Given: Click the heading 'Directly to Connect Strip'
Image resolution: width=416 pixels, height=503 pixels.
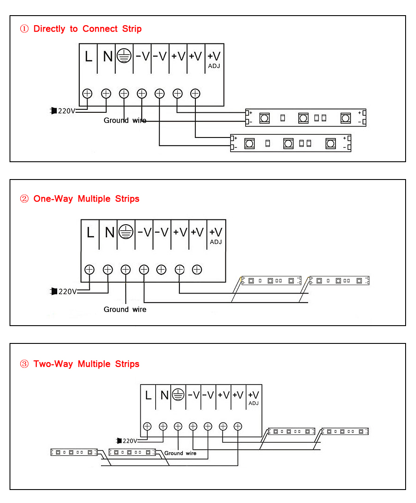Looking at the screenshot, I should (x=87, y=29).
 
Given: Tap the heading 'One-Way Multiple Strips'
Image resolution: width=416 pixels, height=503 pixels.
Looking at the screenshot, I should (x=86, y=199).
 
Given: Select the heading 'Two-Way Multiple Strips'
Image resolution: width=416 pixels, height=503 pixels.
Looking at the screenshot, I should (x=86, y=364).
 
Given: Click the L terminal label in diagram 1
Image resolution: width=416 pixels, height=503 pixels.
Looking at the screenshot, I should (x=88, y=57).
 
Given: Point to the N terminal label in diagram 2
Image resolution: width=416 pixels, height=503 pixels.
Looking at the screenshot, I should (x=109, y=233).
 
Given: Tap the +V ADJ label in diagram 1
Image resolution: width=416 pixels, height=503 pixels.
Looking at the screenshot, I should (x=214, y=59).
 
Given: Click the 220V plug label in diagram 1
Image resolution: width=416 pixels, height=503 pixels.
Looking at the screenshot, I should (x=66, y=111).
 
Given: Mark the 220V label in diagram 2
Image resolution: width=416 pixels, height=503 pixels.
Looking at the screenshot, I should (x=67, y=291).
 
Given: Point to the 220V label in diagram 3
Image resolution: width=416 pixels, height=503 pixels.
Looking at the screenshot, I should (x=130, y=441).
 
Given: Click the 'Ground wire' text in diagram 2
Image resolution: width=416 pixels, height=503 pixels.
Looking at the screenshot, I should (x=125, y=310).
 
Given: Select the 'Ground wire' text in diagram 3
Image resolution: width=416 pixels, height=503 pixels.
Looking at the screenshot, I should (x=180, y=453).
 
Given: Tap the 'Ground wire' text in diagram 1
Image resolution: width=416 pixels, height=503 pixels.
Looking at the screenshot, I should (x=125, y=121).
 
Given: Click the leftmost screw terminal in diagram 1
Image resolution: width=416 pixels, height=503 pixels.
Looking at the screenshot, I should (x=88, y=93).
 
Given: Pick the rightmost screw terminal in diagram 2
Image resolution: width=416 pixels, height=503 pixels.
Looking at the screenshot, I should (x=197, y=270).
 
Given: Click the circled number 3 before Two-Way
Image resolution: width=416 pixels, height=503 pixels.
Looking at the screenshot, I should (x=25, y=364).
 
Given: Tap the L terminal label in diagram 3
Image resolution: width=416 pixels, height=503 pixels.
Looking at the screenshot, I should (x=148, y=395).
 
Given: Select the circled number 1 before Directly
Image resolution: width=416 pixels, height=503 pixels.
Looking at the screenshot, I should (x=25, y=29).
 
